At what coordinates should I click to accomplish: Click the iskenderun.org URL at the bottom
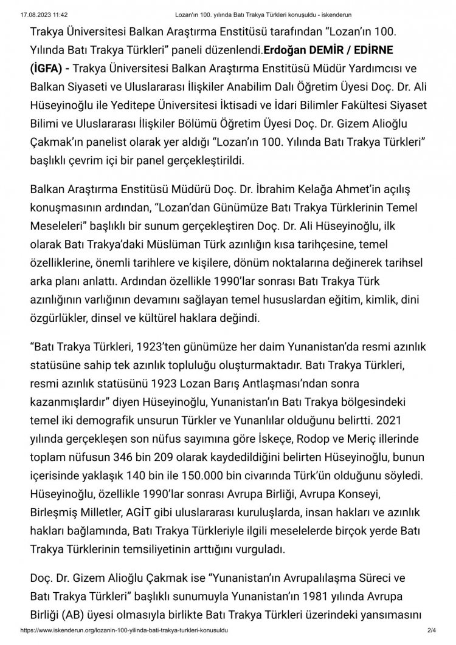click(125, 640)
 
